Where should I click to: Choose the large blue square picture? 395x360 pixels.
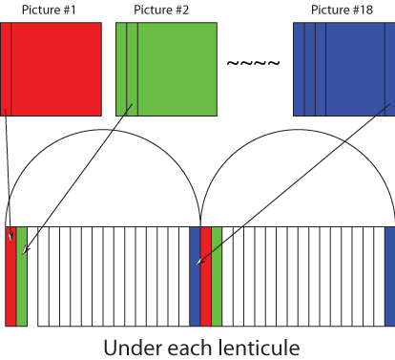click(343, 69)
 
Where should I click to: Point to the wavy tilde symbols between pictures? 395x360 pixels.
click(253, 64)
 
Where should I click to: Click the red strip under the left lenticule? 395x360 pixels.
click(10, 276)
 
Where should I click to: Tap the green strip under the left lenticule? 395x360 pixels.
click(22, 276)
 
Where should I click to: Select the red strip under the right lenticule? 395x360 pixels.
click(205, 276)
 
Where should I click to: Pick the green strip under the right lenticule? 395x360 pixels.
click(217, 276)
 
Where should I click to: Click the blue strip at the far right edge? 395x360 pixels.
click(389, 276)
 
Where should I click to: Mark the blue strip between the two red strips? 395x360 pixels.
click(195, 276)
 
